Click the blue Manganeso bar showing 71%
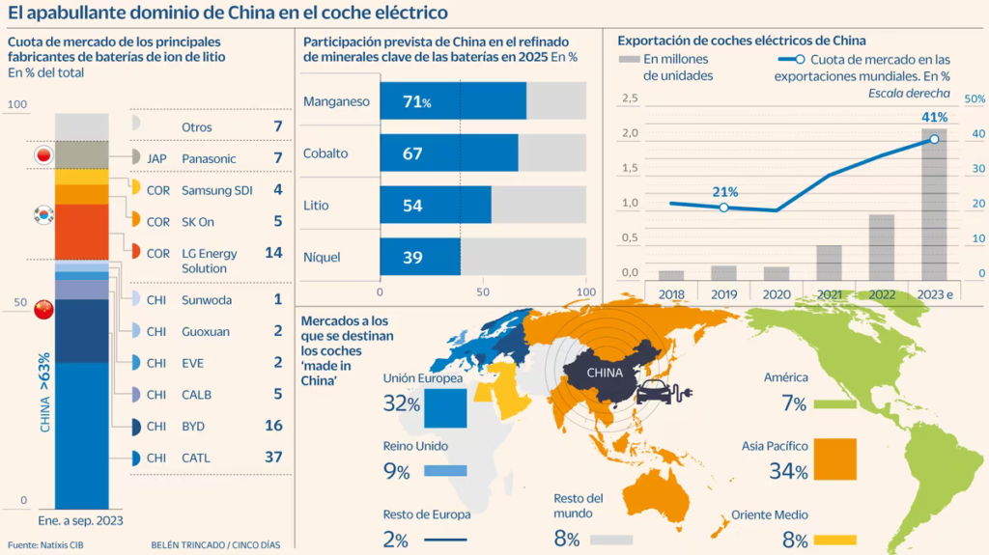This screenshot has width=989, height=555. click(x=453, y=101)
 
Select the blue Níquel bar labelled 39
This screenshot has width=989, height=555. click(x=420, y=257)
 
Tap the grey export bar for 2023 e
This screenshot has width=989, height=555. click(x=934, y=205)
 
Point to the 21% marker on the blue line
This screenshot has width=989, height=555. click(x=724, y=208)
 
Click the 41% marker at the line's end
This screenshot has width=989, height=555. click(x=934, y=139)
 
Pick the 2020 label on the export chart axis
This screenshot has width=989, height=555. click(x=777, y=294)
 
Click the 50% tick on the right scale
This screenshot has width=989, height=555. click(x=975, y=99)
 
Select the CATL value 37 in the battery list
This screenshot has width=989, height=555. click(x=273, y=457)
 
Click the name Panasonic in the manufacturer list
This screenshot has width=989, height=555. click(x=209, y=159)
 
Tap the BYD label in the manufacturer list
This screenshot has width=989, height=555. click(x=193, y=427)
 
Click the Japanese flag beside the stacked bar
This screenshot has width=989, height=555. click(x=43, y=155)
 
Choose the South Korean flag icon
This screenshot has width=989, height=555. click(x=43, y=215)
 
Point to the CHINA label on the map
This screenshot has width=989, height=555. click(x=605, y=373)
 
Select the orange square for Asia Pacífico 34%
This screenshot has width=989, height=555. click(x=835, y=459)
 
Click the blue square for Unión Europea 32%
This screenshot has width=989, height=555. click(x=445, y=408)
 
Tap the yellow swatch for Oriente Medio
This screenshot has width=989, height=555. click(x=835, y=540)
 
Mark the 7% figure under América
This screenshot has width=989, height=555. click(x=794, y=403)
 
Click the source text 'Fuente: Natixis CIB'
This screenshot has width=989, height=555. click(x=45, y=545)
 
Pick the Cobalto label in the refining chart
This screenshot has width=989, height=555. click(x=325, y=153)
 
